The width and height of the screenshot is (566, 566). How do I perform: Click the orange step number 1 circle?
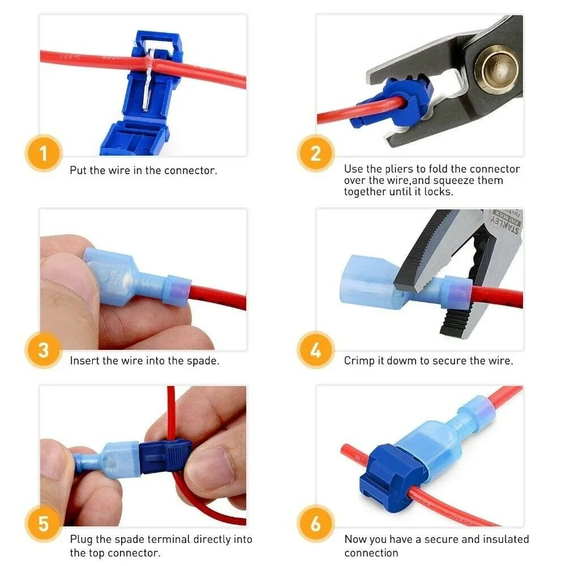tap(44, 153)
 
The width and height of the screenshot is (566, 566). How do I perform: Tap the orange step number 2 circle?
tap(316, 153)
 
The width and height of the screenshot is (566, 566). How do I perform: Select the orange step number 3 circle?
tap(44, 350)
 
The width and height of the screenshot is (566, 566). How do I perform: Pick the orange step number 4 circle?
tap(316, 350)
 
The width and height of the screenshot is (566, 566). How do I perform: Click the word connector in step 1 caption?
tap(190, 170)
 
